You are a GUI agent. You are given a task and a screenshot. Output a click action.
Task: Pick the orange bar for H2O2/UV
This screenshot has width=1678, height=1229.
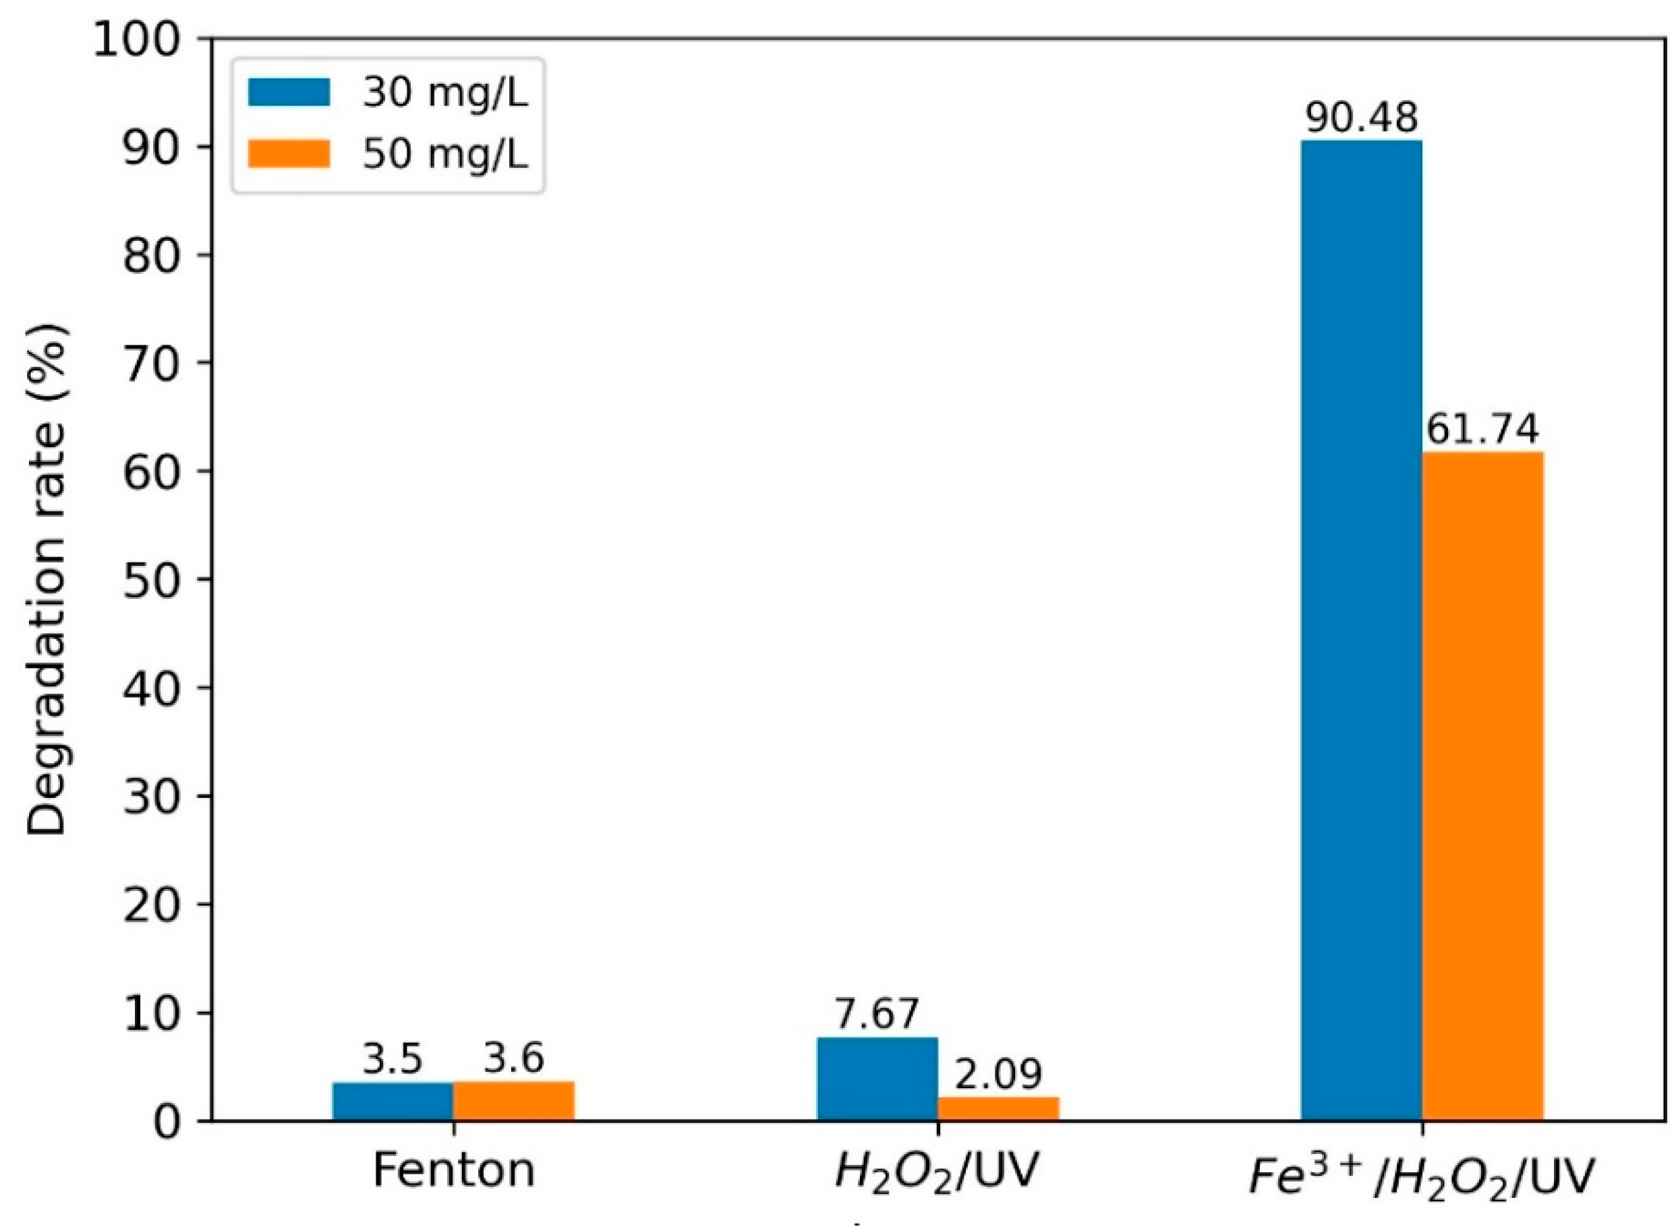[x=997, y=1108]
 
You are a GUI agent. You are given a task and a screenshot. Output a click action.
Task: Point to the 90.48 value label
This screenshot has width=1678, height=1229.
[x=1361, y=117]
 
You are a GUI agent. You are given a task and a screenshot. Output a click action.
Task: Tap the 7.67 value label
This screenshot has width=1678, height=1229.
[x=877, y=1013]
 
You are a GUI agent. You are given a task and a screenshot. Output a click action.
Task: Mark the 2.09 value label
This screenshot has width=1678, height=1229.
[x=998, y=1073]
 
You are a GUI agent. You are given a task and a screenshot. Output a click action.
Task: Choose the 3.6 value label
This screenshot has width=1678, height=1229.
[x=513, y=1058]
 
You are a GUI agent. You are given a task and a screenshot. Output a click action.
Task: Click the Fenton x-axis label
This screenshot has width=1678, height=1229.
[x=453, y=1170]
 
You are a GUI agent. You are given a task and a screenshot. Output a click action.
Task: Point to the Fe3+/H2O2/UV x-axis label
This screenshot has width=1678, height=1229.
[x=1420, y=1173]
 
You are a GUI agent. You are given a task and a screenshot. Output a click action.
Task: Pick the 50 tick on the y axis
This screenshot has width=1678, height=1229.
[x=152, y=579]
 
